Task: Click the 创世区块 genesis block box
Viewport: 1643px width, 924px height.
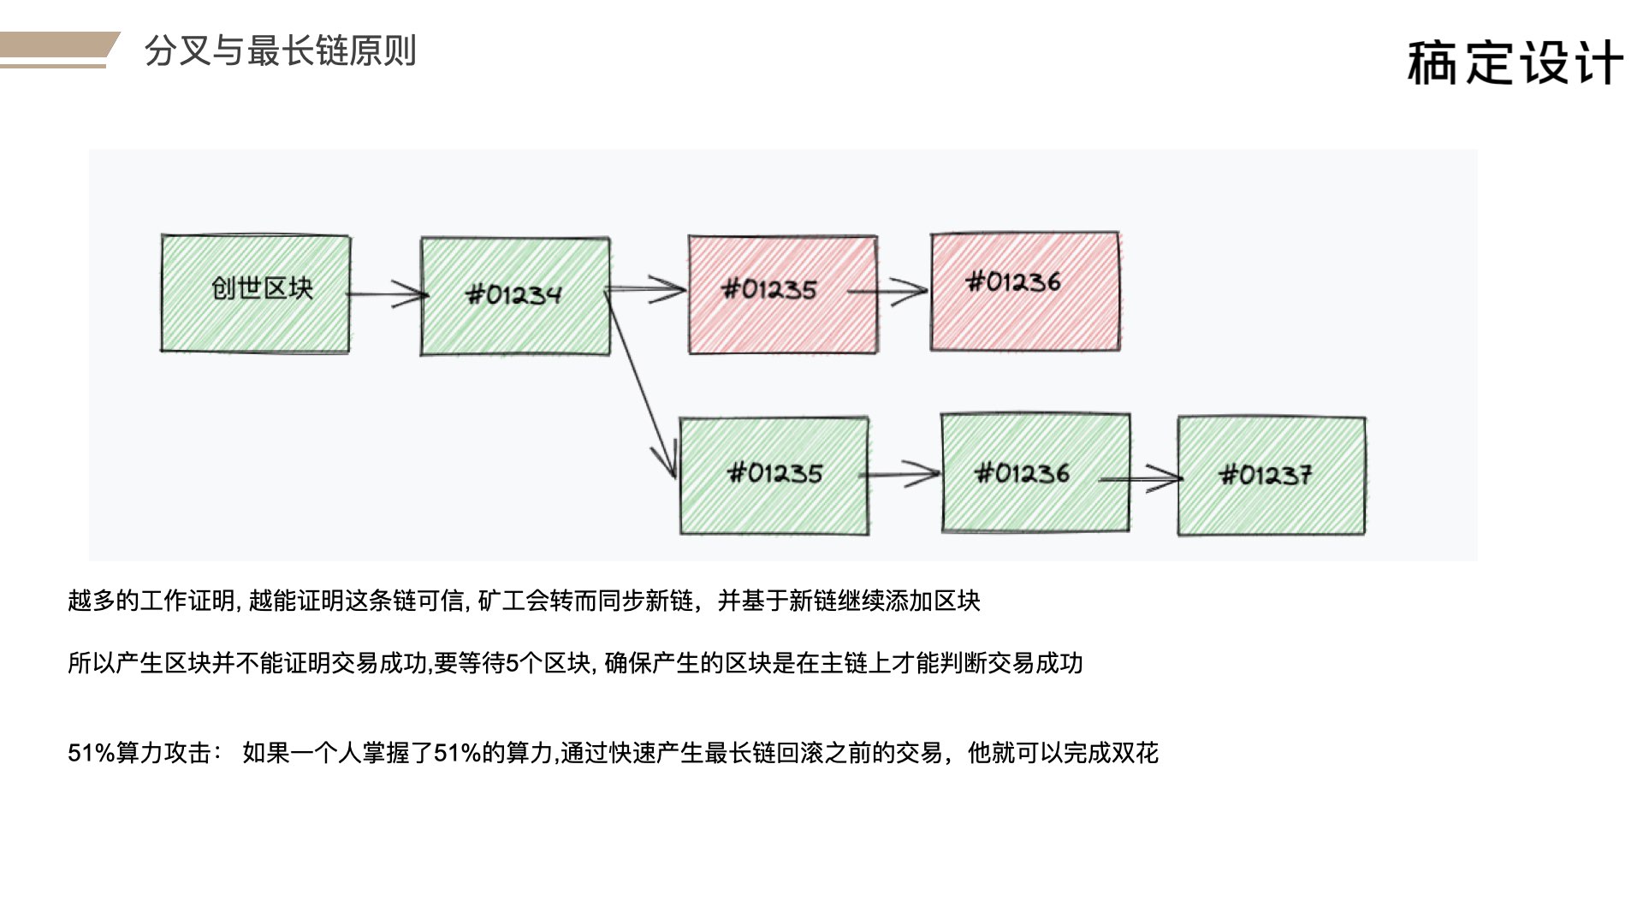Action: tap(255, 293)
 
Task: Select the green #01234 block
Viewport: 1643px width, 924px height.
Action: tap(515, 296)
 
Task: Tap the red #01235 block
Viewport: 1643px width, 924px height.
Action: tap(783, 294)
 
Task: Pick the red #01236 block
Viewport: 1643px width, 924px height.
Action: tap(1025, 291)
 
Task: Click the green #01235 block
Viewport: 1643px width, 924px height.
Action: tap(774, 476)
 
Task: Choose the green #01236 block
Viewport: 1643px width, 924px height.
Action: tap(1035, 473)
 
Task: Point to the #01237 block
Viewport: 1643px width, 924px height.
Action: tap(1272, 476)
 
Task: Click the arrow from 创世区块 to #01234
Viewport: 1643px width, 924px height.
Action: tap(387, 294)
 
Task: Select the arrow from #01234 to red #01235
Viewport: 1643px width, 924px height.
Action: tap(647, 289)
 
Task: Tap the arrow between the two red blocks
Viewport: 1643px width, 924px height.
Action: tap(887, 291)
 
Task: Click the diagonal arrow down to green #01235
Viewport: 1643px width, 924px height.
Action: tap(640, 383)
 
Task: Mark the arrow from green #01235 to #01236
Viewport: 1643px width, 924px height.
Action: tap(900, 474)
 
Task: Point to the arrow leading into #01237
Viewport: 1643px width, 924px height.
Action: tap(1141, 479)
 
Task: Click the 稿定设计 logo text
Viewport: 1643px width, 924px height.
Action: tap(1515, 62)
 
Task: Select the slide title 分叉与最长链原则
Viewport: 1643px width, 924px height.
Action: tap(280, 50)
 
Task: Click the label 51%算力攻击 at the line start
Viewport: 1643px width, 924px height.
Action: tap(139, 753)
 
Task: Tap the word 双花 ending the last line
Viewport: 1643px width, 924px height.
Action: tap(1135, 753)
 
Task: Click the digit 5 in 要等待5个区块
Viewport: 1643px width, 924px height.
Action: tap(513, 663)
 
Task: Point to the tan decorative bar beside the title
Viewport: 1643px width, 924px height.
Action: tap(58, 50)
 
